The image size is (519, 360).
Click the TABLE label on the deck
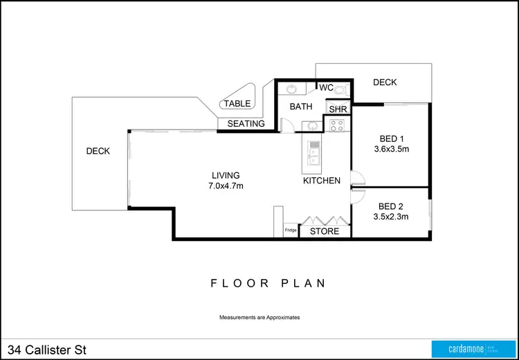click(x=237, y=104)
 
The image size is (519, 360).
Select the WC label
click(x=327, y=87)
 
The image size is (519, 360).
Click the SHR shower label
click(x=338, y=109)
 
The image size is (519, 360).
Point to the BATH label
click(x=301, y=107)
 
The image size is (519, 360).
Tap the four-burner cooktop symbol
click(x=337, y=126)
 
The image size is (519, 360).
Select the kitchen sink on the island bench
click(x=313, y=153)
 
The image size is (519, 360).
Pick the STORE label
click(x=324, y=231)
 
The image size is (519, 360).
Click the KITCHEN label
click(x=322, y=181)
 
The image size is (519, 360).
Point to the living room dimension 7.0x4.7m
click(x=226, y=186)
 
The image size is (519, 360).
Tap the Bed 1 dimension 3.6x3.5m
click(x=392, y=148)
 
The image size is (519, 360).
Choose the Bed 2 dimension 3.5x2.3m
click(x=391, y=216)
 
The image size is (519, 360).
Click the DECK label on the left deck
click(x=98, y=152)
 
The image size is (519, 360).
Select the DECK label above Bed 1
click(x=385, y=82)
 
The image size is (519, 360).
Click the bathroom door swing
click(x=291, y=126)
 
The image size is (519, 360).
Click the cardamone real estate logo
click(x=470, y=348)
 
